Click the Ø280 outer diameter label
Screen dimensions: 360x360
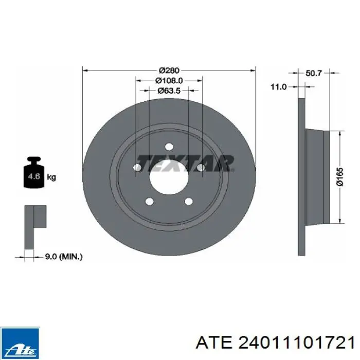(x=169, y=70)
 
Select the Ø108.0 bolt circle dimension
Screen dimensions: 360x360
(x=169, y=81)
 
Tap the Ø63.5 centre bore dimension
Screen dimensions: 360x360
(x=169, y=91)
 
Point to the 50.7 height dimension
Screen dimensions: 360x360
(x=314, y=73)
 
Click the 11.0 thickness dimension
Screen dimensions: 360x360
(x=279, y=87)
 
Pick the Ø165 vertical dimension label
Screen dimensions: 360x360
(x=340, y=176)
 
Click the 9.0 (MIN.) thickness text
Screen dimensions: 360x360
(x=63, y=257)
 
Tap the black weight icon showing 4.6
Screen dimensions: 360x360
(x=34, y=172)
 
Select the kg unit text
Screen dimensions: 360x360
(x=51, y=177)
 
